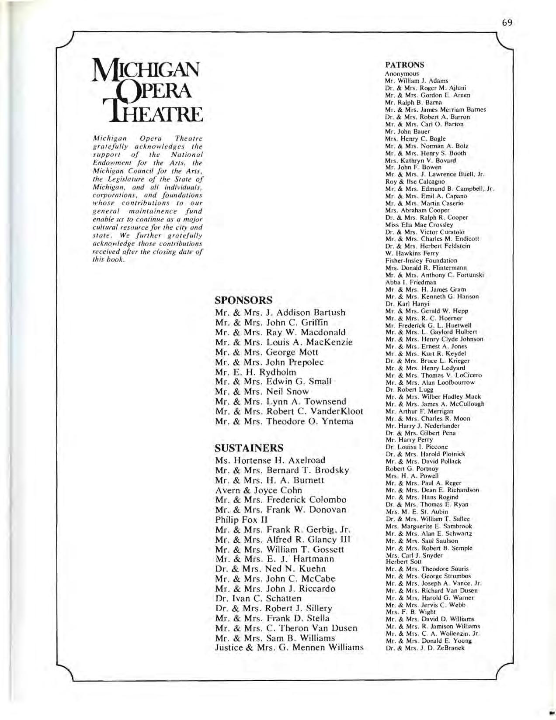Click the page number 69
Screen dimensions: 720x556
[507, 23]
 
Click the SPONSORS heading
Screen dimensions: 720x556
[243, 300]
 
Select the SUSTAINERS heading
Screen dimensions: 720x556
[249, 448]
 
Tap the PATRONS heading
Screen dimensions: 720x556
[405, 65]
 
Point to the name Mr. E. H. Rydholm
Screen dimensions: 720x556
[256, 372]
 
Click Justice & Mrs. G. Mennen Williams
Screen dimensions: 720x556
[289, 648]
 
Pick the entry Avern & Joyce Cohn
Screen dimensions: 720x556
[258, 490]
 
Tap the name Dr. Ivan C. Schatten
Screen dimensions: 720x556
[258, 598]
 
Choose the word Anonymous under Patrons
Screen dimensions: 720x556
[402, 74]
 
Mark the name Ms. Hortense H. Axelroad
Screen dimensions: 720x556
[270, 460]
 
